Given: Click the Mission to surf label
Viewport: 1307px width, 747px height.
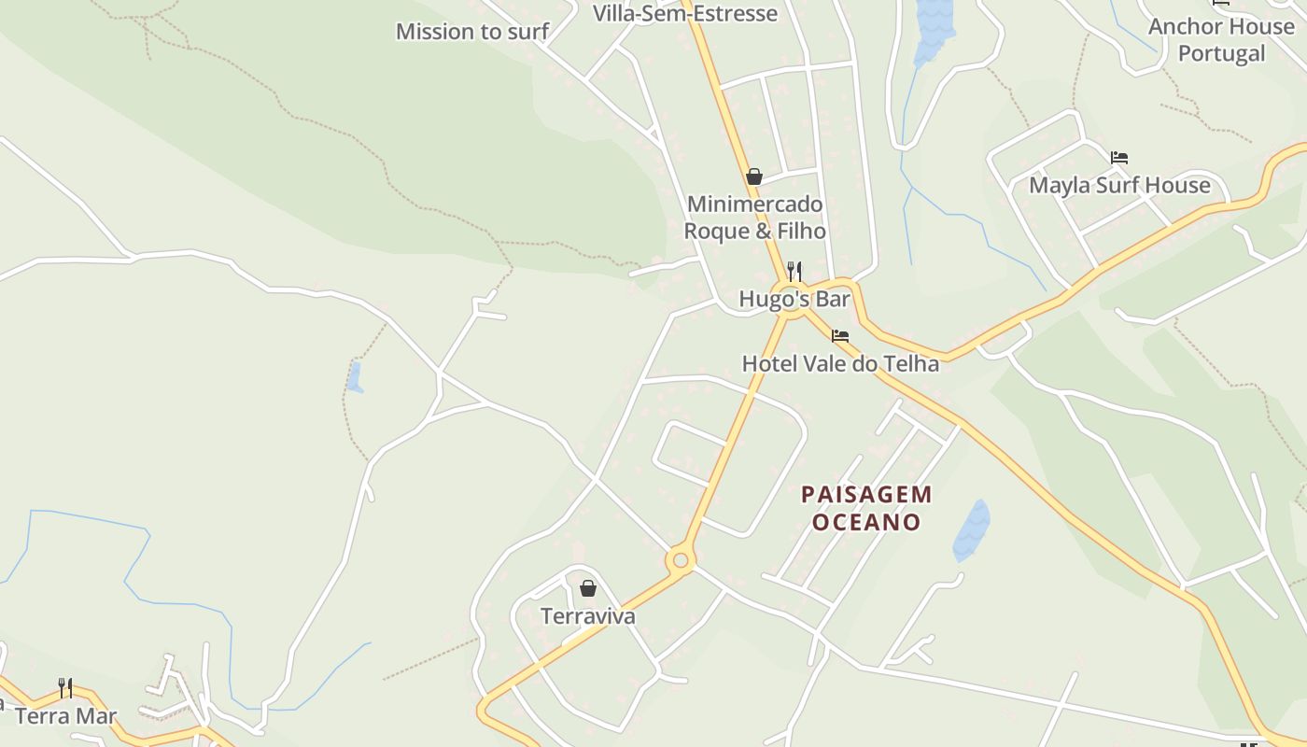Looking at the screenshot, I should click(471, 32).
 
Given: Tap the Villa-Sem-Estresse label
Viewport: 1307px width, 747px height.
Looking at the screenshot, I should click(685, 13).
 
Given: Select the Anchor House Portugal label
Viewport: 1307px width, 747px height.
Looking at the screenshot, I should click(1220, 39).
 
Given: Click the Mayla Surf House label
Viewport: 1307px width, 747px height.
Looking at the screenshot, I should click(1119, 185).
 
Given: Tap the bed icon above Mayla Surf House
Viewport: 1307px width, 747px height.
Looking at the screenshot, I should click(1119, 158).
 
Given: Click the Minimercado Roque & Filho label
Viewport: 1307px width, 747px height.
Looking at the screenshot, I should click(754, 217).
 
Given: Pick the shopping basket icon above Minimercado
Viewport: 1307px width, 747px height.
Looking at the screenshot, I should click(754, 176).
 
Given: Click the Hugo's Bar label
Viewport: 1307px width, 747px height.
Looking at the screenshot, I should click(794, 299).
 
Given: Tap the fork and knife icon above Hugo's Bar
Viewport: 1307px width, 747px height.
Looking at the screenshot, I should click(794, 271).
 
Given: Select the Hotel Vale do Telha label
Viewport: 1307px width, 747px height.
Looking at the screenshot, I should click(840, 363).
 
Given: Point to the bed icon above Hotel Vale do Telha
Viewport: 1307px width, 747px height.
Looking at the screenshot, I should click(840, 336).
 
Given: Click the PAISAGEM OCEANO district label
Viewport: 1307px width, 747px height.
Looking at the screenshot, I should click(866, 508).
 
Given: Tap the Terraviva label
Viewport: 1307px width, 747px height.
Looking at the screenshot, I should click(588, 616).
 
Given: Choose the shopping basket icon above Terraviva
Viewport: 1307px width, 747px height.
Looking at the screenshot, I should click(588, 588).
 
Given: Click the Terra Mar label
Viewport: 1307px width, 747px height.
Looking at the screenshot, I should click(65, 716).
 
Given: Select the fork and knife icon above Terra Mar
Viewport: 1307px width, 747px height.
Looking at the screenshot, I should click(65, 688).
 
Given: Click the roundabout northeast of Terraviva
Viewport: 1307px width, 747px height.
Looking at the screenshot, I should click(681, 560).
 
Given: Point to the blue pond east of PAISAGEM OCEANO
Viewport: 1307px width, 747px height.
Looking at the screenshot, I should click(972, 529).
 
